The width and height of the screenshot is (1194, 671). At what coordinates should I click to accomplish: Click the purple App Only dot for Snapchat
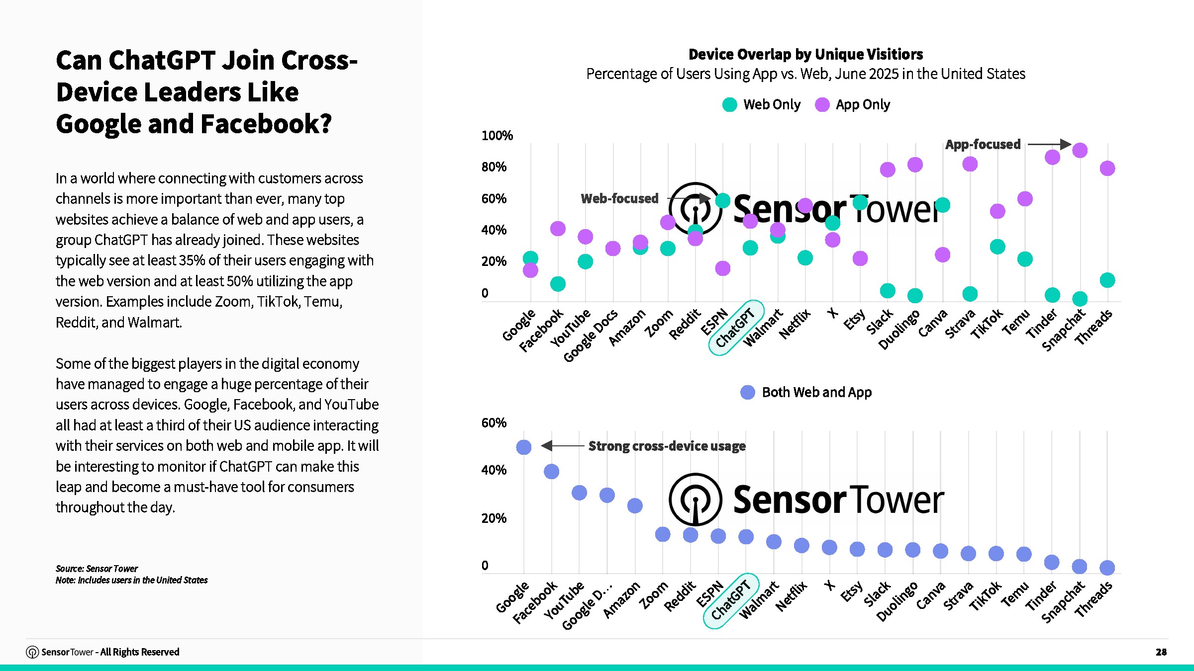tap(1080, 150)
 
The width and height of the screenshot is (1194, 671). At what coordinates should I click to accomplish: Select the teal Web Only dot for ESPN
tap(723, 200)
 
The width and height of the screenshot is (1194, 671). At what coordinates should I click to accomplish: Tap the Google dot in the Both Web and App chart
tap(524, 447)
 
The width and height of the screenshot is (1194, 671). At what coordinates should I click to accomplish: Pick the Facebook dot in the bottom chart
tap(551, 471)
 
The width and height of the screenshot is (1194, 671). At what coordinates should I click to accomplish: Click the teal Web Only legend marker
tap(729, 105)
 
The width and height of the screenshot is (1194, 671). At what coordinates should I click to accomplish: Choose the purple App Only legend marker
tap(822, 105)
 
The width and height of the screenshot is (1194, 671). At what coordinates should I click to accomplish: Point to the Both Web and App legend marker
tap(748, 393)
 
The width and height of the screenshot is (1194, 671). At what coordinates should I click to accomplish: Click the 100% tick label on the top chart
tap(497, 136)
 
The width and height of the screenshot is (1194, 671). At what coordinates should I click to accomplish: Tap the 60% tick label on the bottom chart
tap(494, 423)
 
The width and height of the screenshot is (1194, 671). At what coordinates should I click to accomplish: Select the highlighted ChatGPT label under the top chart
tap(735, 328)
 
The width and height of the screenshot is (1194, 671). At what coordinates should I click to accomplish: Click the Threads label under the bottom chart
tap(1093, 600)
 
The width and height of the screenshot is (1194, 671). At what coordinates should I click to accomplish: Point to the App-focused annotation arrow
tap(1049, 145)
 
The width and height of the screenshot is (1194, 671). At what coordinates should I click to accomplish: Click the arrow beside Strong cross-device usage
tap(562, 446)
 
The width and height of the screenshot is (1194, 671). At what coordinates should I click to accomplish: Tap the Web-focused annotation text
tap(619, 199)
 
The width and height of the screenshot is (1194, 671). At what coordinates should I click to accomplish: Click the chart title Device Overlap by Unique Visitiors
tap(805, 54)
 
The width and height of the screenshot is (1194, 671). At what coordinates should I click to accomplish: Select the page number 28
tap(1161, 652)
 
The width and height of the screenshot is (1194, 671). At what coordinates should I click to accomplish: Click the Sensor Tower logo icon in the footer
tap(32, 652)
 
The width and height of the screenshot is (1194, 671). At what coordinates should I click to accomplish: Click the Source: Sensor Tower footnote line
tap(97, 569)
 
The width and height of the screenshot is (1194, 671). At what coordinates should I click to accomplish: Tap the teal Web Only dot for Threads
tap(1107, 280)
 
